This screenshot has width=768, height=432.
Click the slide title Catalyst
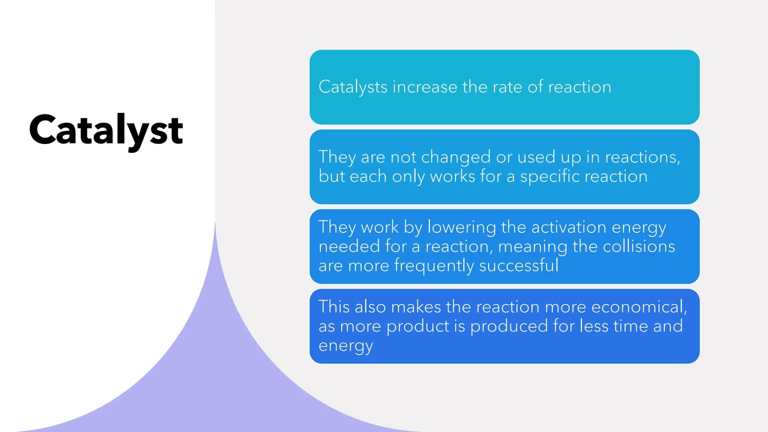[106, 130]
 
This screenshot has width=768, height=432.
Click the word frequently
[434, 266]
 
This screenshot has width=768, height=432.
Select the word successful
[518, 266]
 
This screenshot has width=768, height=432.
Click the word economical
[638, 307]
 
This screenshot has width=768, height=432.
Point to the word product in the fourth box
[418, 326]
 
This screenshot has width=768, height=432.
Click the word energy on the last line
[346, 346]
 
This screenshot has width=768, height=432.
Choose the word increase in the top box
[425, 87]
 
